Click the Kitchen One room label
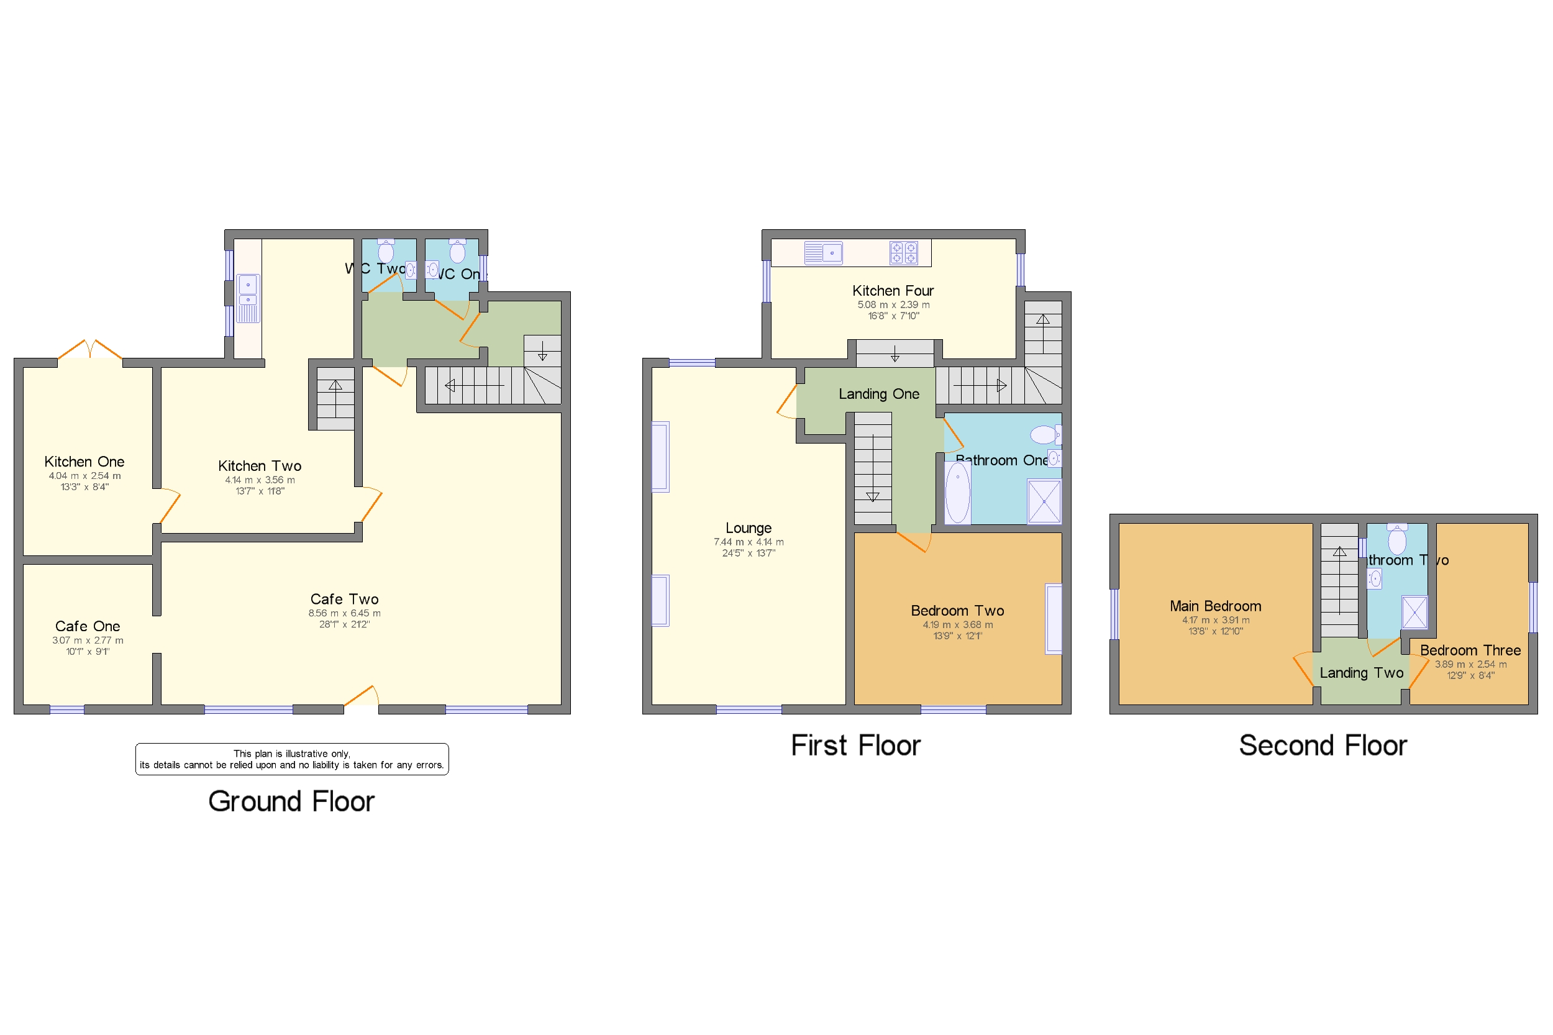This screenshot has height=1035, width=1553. click(x=84, y=462)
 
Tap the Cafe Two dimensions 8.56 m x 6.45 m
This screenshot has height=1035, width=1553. click(x=344, y=613)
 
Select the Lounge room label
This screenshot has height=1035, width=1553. click(x=748, y=527)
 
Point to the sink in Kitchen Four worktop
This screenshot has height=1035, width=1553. click(x=823, y=253)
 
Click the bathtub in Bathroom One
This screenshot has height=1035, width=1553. click(x=957, y=492)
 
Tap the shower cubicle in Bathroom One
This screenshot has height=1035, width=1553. click(x=1044, y=502)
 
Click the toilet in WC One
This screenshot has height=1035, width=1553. click(x=457, y=251)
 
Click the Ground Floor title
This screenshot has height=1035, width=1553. click(x=291, y=801)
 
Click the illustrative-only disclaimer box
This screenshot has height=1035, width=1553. click(x=292, y=759)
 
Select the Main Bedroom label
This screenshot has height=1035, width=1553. click(x=1215, y=606)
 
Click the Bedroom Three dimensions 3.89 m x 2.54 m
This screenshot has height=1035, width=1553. click(x=1470, y=664)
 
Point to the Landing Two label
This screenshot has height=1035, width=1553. click(x=1361, y=673)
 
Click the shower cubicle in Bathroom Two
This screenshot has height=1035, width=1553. click(x=1414, y=612)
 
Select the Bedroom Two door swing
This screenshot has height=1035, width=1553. click(x=914, y=541)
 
